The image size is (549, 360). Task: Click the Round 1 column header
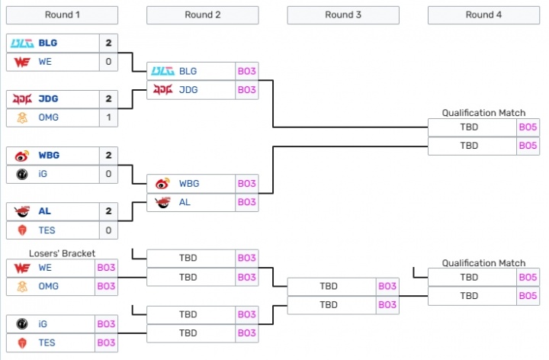[x=62, y=14]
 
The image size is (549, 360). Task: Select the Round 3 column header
[x=343, y=14]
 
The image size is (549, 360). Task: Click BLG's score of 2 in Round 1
[x=108, y=43]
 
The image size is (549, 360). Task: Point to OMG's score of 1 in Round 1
[x=108, y=117]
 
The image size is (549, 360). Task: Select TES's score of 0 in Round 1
[x=108, y=230]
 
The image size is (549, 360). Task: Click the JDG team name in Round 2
[x=188, y=90]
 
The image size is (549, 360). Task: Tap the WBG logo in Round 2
[x=162, y=184]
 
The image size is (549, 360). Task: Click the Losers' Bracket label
[x=62, y=253]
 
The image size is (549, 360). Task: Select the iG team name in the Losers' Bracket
[x=44, y=324]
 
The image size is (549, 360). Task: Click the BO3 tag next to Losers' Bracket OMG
[x=107, y=286]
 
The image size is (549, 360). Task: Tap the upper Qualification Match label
[x=483, y=113]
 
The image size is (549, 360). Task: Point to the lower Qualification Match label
[x=483, y=263]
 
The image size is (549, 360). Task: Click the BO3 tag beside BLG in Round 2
[x=246, y=71]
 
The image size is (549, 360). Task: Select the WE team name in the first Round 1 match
[x=46, y=62]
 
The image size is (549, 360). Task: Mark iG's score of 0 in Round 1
[x=108, y=174]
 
